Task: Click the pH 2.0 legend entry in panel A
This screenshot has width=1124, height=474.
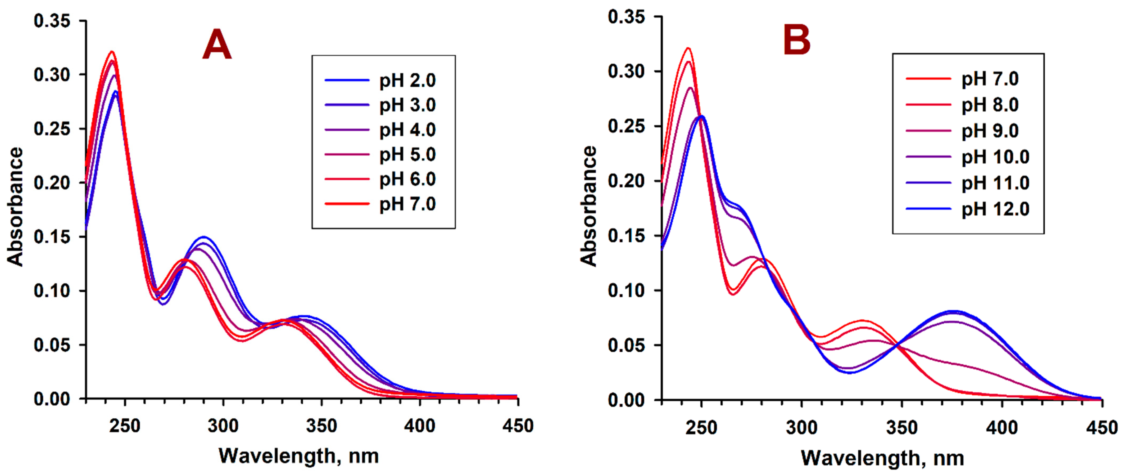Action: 407,81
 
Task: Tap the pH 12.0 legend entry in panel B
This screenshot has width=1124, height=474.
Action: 995,209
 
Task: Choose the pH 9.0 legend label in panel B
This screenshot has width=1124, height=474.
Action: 990,131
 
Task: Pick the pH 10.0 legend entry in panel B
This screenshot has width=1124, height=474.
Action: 995,157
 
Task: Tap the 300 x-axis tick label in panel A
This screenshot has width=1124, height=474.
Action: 223,426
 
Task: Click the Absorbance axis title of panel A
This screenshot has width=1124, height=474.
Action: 16,207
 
